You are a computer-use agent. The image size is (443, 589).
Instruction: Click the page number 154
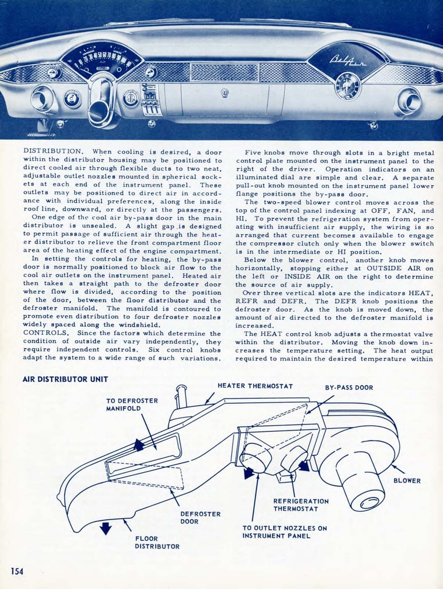17,571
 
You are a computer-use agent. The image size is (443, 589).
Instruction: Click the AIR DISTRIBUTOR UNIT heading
65,379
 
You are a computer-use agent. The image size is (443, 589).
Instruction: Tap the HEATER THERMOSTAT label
255,385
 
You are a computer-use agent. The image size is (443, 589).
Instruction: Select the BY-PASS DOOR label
349,388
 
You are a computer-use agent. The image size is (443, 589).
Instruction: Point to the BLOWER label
407,480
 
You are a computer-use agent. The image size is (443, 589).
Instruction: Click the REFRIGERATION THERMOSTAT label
300,505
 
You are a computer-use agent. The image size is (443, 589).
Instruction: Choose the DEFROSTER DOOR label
200,518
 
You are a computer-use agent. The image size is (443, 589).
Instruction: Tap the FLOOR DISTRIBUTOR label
156,542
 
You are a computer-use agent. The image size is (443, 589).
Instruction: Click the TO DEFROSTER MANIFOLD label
132,404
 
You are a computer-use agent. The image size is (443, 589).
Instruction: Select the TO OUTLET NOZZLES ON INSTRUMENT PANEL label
284,532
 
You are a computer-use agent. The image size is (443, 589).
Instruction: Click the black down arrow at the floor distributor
105,527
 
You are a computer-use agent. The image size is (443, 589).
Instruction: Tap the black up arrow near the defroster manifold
139,444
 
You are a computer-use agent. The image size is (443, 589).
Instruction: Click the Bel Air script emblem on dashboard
347,60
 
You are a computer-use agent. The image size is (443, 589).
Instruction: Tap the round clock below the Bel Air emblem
347,86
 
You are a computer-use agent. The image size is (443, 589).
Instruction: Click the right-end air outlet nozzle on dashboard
408,102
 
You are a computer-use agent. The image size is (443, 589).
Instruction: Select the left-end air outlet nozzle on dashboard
42,99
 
